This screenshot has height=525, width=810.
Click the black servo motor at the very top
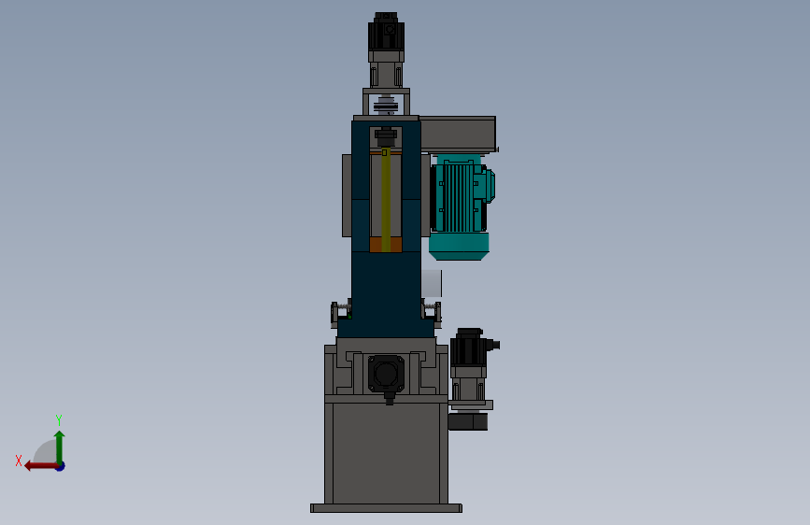pyautogui.click(x=386, y=31)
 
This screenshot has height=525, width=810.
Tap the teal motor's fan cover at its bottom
pyautogui.click(x=459, y=247)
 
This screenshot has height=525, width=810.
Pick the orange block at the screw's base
pyautogui.click(x=386, y=245)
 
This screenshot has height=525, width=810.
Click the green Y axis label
pyautogui.click(x=59, y=419)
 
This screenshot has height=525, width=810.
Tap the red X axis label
pyautogui.click(x=19, y=461)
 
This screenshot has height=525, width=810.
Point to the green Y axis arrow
pyautogui.click(x=60, y=447)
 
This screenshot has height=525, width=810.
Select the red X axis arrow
pyautogui.click(x=41, y=466)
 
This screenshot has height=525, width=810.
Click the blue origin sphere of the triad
pyautogui.click(x=61, y=466)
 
